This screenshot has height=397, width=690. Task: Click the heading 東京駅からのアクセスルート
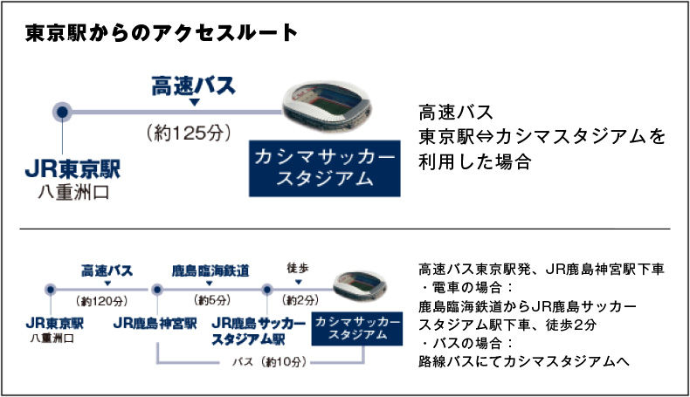pos(162,33)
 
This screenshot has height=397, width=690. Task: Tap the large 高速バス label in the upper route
pos(194,86)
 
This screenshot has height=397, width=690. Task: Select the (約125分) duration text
pos(189,133)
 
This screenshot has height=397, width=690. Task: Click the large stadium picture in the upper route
pos(327,106)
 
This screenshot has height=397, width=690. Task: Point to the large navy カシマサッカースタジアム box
pos(325,168)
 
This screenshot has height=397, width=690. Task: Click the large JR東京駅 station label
pos(72,169)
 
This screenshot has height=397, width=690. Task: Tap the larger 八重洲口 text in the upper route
pos(73,192)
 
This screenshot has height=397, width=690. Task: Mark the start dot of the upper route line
pos(63,112)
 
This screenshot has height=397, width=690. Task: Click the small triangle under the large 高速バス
pos(194,102)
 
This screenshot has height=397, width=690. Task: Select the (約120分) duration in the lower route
pos(101,301)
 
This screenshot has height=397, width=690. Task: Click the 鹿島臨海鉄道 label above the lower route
pos(210,270)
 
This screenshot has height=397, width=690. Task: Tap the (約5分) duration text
pos(212,300)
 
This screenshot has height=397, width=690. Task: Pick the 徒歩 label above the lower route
pos(298,268)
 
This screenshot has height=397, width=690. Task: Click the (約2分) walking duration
pos(300,300)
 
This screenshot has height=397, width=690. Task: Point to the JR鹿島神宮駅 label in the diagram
pos(155,324)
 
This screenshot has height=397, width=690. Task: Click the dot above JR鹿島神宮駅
pos(157,290)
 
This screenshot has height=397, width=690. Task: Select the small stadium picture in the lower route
pos(360,285)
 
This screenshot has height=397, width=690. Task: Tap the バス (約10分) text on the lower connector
pos(269,362)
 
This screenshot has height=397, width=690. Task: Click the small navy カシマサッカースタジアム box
pos(357,328)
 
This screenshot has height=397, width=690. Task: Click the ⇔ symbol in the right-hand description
pos(485,137)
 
